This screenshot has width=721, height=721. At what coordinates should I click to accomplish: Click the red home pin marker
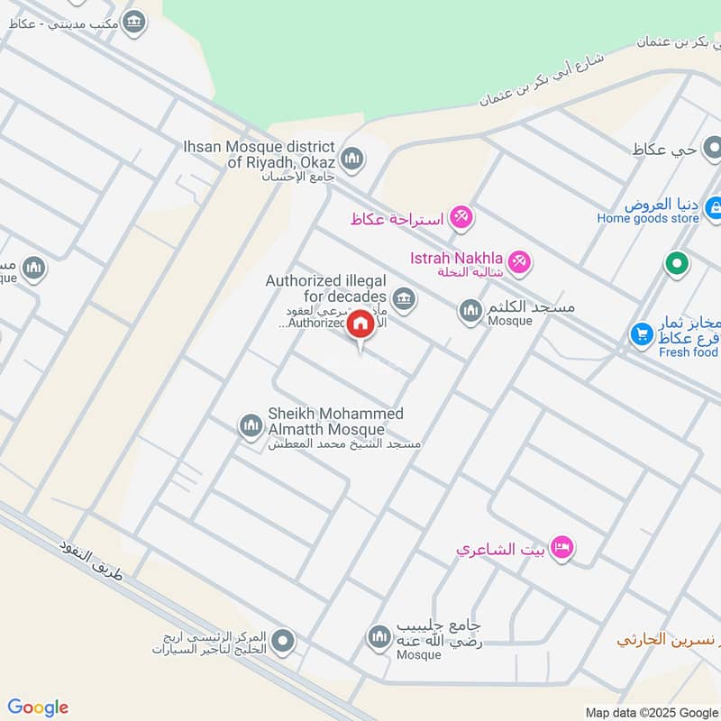point(360,324)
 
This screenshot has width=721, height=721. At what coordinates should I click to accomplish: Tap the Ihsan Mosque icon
point(352,160)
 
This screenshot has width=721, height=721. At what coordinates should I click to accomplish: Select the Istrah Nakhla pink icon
point(518,263)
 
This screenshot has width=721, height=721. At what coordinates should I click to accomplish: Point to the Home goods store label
point(648,218)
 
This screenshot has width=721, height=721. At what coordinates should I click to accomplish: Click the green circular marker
point(677,264)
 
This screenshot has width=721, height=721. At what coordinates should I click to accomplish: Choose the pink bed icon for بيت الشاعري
point(561,547)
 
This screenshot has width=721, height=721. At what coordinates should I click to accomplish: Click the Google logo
point(38,707)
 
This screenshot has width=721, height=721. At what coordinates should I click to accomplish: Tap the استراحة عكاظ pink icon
point(461,216)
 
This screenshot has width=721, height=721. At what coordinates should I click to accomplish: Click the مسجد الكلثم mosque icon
point(470,312)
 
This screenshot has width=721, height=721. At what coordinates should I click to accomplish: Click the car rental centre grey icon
point(284,641)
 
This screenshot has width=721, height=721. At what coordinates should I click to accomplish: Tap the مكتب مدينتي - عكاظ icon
point(134,21)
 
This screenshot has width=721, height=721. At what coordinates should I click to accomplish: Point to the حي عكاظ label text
point(666,149)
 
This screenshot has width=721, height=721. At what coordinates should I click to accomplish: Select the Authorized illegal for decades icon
point(404,297)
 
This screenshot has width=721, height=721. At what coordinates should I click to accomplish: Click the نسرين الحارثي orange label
point(668,640)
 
